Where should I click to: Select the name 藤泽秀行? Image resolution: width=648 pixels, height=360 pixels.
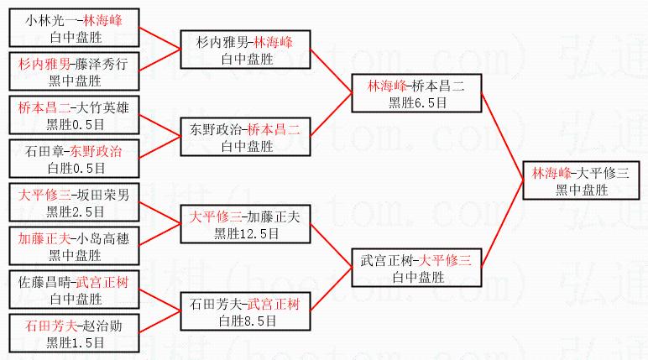tap(102, 64)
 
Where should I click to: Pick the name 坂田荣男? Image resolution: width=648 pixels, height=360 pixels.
tap(103, 195)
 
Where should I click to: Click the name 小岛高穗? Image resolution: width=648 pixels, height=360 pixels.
tap(103, 238)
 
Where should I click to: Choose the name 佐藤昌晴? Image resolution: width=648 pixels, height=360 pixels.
tap(44, 282)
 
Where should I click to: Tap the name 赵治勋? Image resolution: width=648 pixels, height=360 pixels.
tap(102, 326)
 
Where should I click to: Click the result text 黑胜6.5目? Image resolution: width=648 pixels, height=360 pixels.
tap(417, 103)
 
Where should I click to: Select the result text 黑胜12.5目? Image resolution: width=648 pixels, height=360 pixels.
tap(246, 234)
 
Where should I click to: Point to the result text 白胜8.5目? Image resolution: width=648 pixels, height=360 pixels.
tap(247, 321)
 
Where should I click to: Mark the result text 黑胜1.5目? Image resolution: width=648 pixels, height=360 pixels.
tap(75, 342)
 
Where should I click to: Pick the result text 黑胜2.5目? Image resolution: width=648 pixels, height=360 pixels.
tap(75, 212)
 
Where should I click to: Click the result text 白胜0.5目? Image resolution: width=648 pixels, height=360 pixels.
tap(76, 168)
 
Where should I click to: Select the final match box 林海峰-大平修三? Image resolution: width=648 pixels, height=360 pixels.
tap(581, 180)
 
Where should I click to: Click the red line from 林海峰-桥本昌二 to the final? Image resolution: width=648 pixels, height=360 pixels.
tap(502, 137)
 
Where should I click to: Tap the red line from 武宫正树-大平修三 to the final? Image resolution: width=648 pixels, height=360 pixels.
tap(502, 224)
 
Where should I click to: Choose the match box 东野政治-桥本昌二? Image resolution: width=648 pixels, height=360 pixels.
tap(245, 137)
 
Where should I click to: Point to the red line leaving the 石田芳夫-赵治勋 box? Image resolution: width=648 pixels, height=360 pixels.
tap(160, 322)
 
